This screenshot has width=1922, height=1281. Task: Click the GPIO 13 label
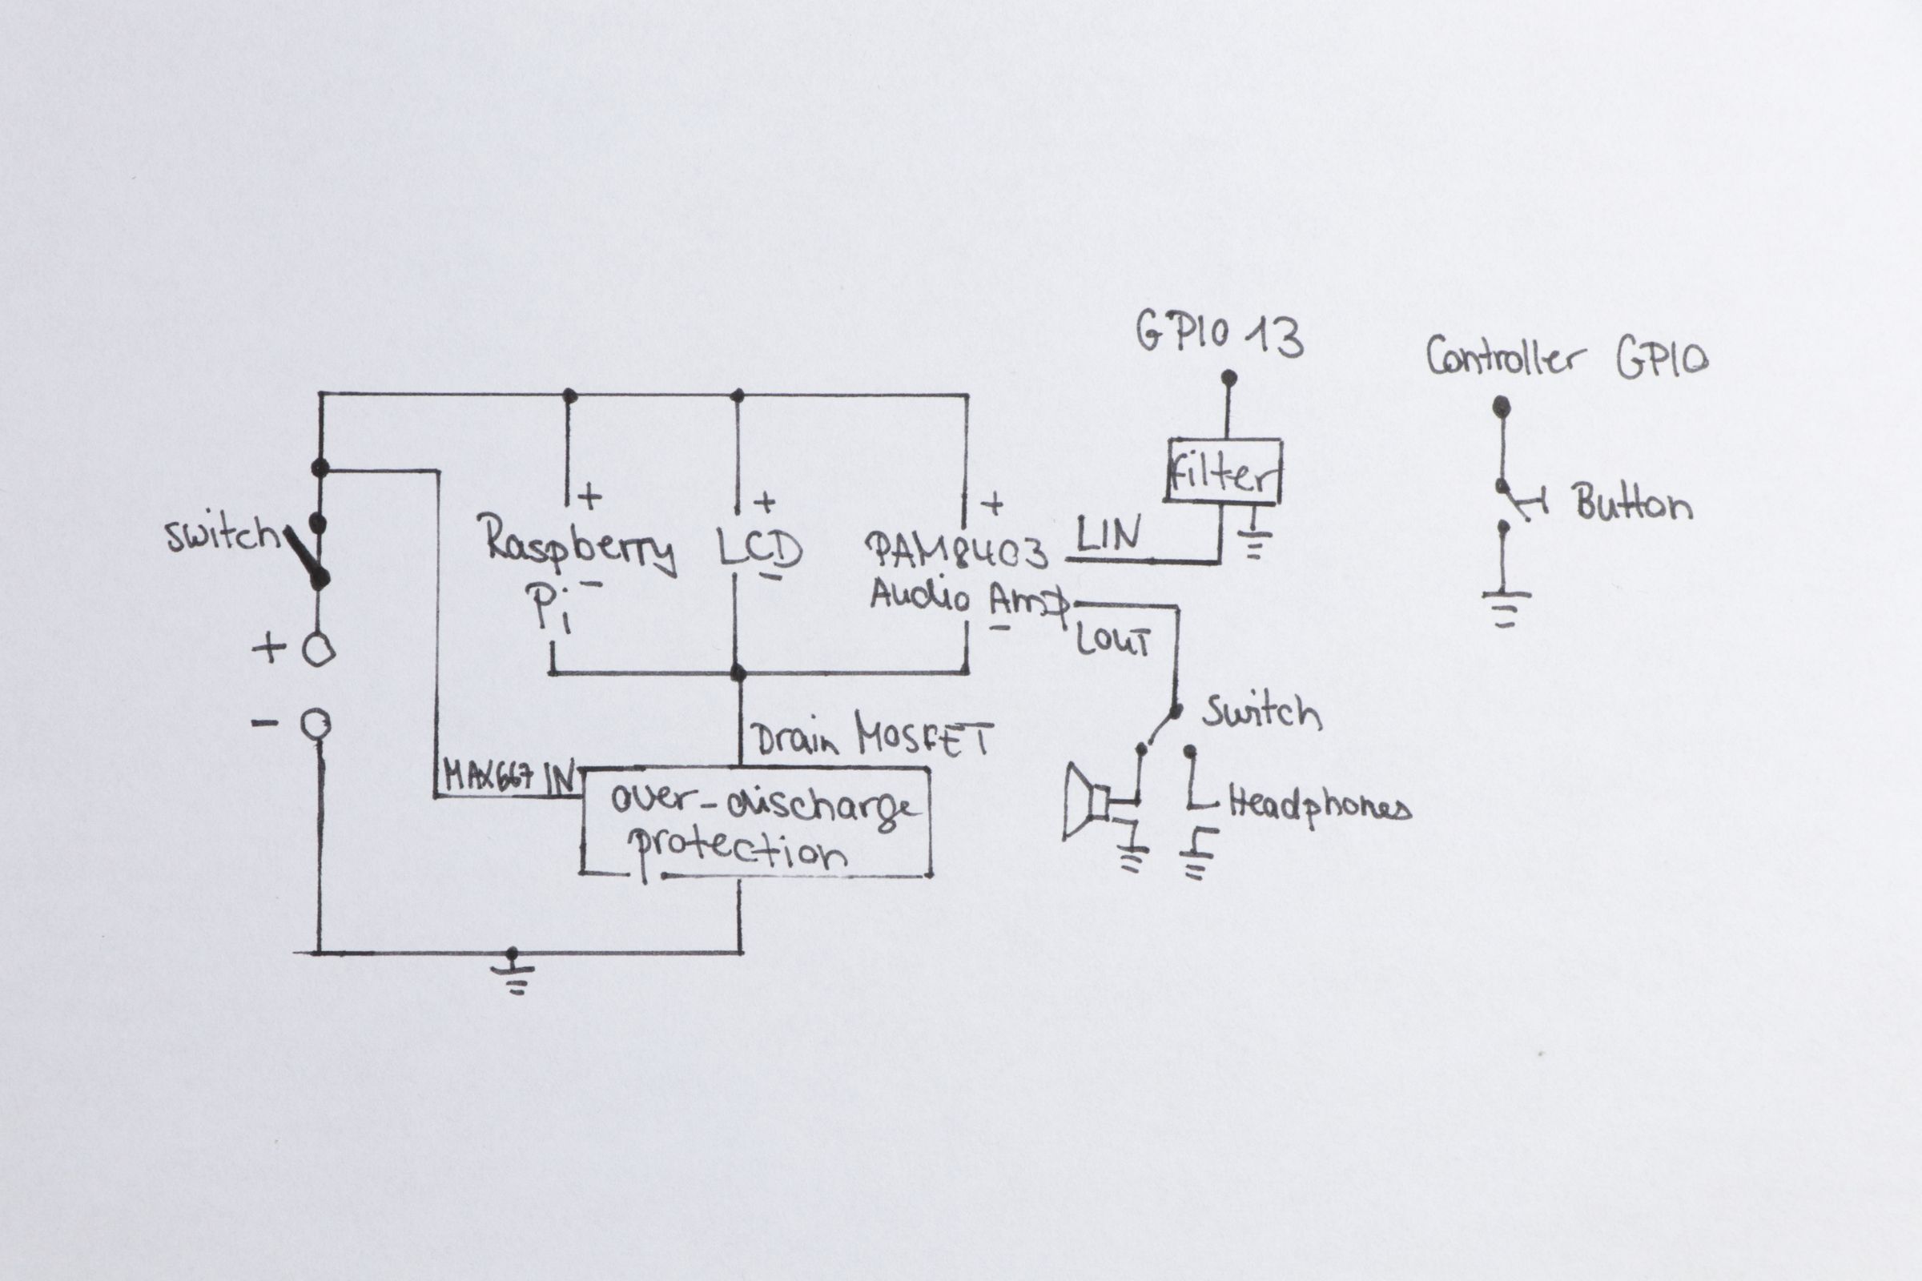point(1219,335)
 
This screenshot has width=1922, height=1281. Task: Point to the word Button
point(1633,504)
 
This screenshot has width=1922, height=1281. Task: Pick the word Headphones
point(1320,808)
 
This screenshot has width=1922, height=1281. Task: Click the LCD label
point(760,551)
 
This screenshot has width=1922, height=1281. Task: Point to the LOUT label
point(1112,641)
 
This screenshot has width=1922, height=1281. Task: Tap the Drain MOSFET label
point(871,737)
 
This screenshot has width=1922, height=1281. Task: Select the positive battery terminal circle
point(318,651)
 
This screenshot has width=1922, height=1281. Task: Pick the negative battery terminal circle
point(316,724)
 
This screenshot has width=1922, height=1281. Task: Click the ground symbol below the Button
point(1506,608)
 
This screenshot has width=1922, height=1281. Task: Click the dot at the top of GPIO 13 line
point(1228,378)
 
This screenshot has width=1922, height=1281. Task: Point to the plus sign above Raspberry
point(589,496)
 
